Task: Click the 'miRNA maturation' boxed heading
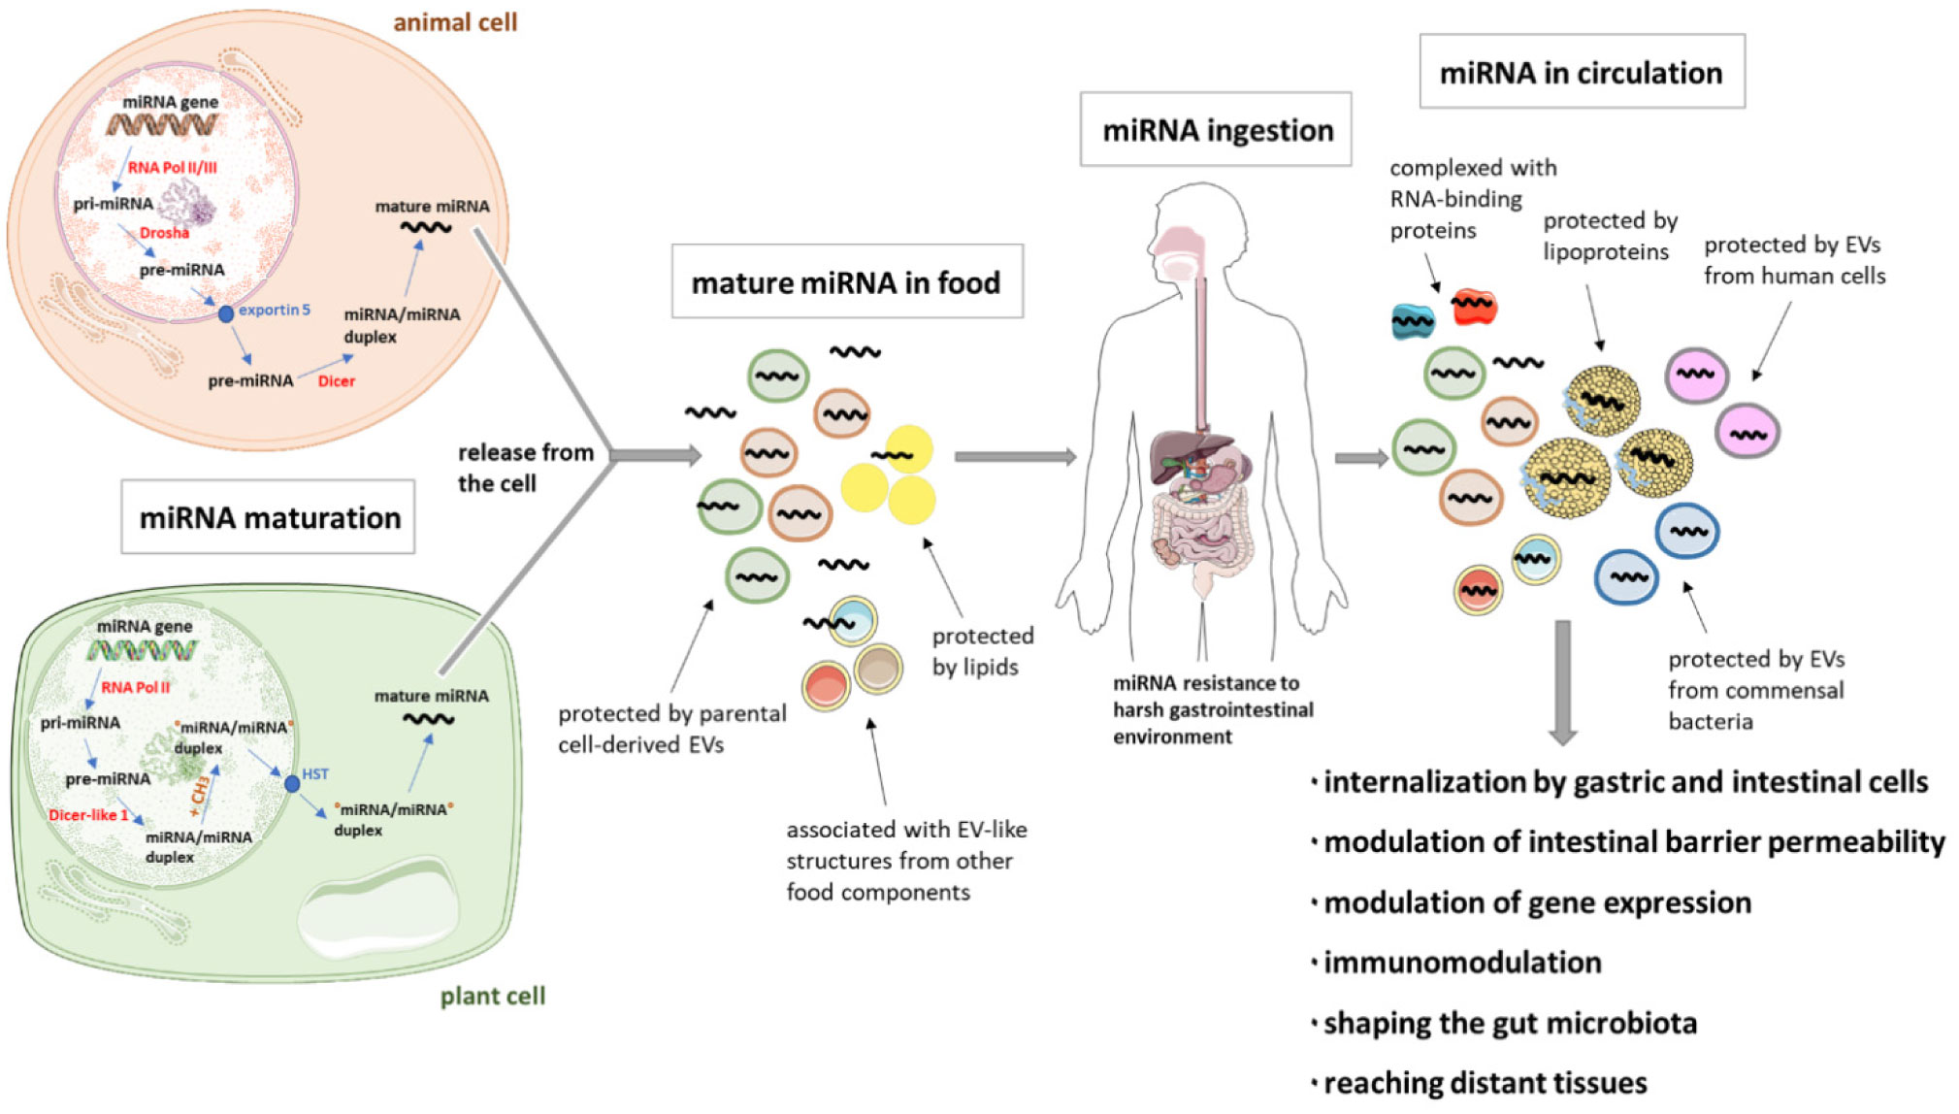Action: point(269,517)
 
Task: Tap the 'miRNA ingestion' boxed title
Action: point(1216,130)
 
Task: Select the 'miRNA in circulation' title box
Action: point(1581,73)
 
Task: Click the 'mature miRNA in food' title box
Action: point(846,282)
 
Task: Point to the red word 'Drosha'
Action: point(164,233)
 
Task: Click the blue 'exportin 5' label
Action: point(275,310)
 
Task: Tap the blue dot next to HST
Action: point(292,783)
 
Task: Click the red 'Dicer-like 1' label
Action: point(88,814)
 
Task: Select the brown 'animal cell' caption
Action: point(455,21)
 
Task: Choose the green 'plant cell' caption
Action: point(492,996)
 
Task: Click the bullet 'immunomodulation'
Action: point(1461,963)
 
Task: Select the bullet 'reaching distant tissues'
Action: point(1485,1083)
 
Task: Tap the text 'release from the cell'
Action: point(524,468)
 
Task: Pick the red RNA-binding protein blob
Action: point(1474,307)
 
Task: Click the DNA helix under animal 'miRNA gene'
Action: point(162,125)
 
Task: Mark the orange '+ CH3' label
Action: point(200,793)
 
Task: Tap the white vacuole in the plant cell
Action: point(378,912)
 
